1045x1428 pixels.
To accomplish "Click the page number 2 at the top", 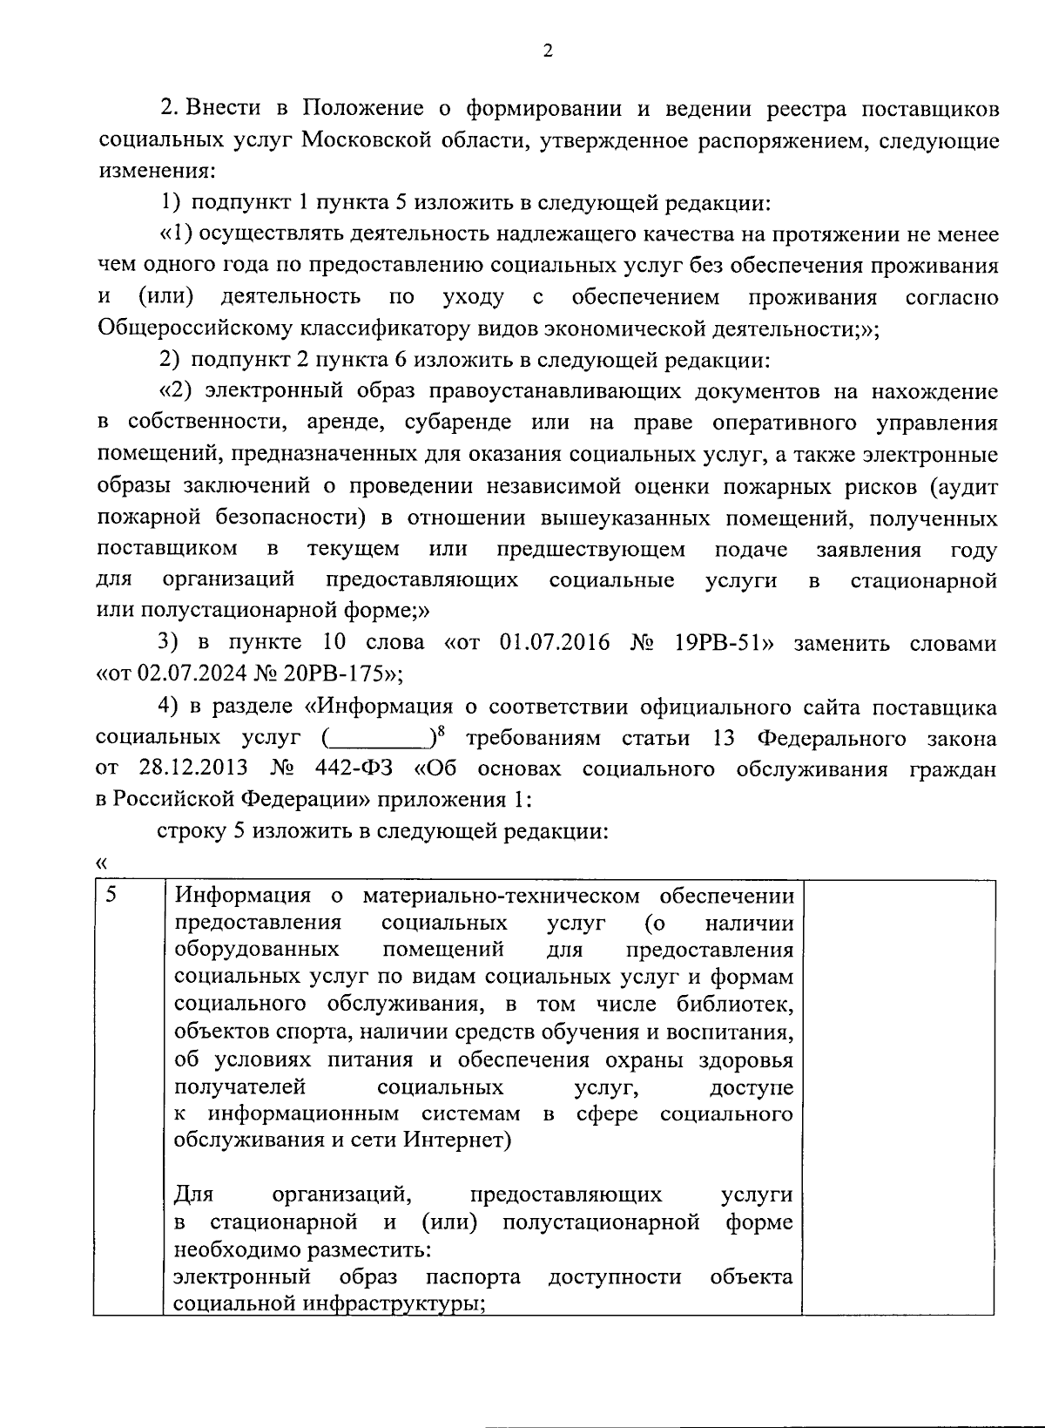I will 547,51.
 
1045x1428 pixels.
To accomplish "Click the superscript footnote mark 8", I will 441,732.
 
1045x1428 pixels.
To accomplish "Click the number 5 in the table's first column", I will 111,896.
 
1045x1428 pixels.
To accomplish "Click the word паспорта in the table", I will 473,1277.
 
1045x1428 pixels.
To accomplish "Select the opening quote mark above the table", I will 102,863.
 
